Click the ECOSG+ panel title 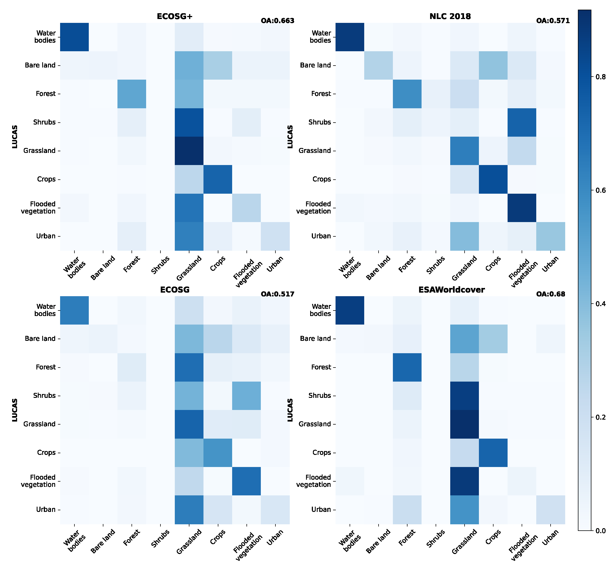coord(175,16)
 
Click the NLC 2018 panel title coord(450,16)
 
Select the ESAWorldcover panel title coord(451,290)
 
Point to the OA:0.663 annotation coord(277,21)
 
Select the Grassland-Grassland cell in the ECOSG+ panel coord(189,151)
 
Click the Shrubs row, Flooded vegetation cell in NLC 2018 coord(522,122)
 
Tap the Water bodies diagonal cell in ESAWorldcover coord(350,310)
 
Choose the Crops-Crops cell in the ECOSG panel coord(218,453)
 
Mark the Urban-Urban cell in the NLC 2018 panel coord(550,236)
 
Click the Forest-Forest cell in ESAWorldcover coord(407,367)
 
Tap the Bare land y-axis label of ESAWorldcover coord(315,339)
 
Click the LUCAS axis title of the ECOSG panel coord(15,410)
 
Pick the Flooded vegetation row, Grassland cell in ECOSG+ coord(189,208)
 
